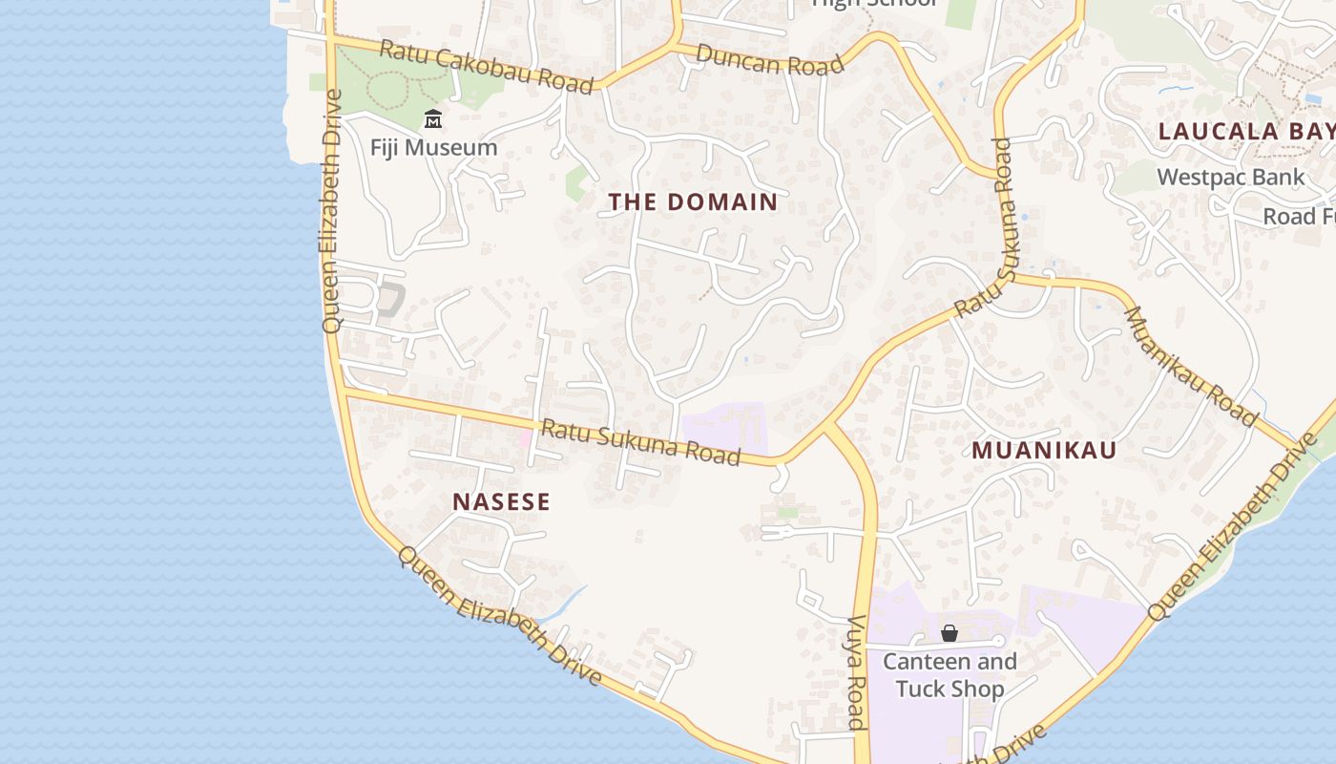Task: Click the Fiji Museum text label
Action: [x=434, y=148]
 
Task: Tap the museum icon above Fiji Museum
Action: [x=433, y=119]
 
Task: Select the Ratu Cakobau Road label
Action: [x=486, y=66]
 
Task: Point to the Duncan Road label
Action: [x=770, y=59]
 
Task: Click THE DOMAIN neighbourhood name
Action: [x=694, y=202]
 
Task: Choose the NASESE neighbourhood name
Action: [x=501, y=502]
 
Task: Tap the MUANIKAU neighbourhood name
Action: [x=1044, y=451]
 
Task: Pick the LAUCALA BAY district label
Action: [x=1246, y=132]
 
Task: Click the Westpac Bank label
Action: [x=1230, y=177]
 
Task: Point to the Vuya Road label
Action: [x=856, y=673]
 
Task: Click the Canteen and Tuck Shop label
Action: [x=950, y=675]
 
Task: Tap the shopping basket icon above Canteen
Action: [x=950, y=633]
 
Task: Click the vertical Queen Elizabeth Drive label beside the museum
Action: [x=332, y=210]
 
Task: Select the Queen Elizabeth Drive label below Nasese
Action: [x=500, y=616]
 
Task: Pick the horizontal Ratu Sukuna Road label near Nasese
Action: [x=640, y=442]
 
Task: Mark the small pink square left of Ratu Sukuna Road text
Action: [x=524, y=438]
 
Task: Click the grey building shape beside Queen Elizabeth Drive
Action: [x=390, y=299]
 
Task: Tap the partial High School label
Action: [x=874, y=3]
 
